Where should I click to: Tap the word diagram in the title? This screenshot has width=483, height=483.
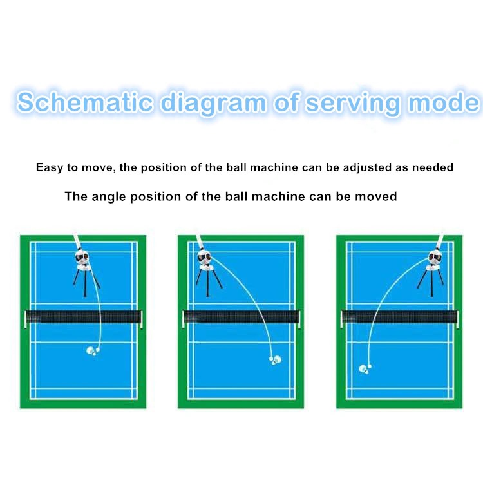209,103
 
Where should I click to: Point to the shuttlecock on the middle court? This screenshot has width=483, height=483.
275,359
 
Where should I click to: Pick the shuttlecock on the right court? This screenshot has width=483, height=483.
365,369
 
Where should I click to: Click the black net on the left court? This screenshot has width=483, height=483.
83,317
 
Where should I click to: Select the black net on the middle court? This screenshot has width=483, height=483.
241,317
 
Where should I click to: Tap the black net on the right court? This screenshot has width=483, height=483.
399,317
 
